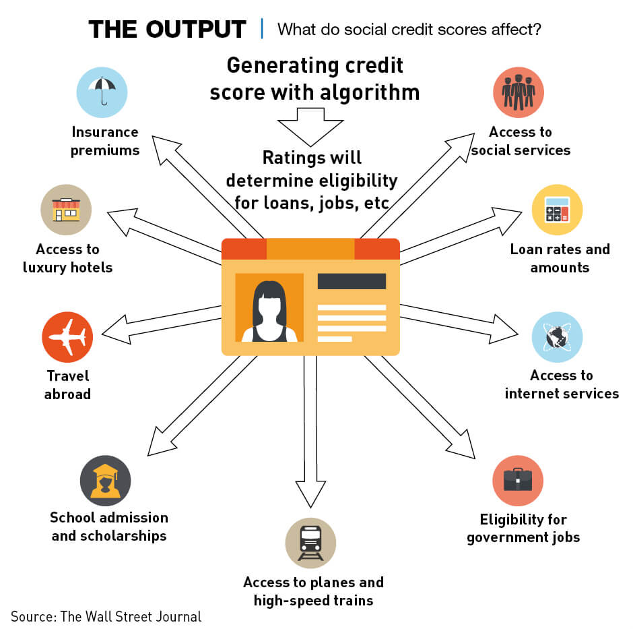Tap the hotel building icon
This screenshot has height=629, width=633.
[66, 209]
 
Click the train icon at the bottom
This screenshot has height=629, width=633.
[310, 543]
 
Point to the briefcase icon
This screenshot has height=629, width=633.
[518, 481]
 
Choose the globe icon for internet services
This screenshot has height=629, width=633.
[557, 337]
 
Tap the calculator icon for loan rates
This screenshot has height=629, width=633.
[557, 209]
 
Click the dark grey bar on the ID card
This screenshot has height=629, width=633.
[352, 281]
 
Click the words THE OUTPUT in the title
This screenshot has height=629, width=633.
[168, 30]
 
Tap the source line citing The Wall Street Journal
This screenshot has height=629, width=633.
[106, 616]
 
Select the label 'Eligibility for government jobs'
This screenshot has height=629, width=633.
[523, 529]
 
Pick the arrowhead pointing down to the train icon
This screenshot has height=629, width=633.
[310, 496]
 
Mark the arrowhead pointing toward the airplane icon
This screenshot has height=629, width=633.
[116, 330]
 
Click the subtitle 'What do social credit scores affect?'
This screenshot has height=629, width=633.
[410, 30]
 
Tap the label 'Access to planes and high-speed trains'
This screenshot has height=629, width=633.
[313, 591]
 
